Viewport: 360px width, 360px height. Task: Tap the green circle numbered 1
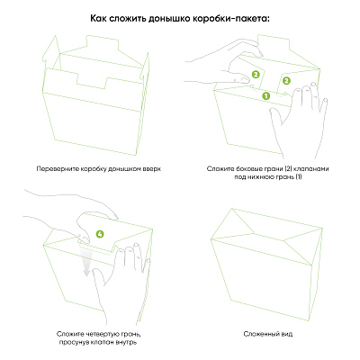pyautogui.click(x=266, y=95)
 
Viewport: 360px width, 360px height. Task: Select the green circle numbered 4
pyautogui.click(x=100, y=233)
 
